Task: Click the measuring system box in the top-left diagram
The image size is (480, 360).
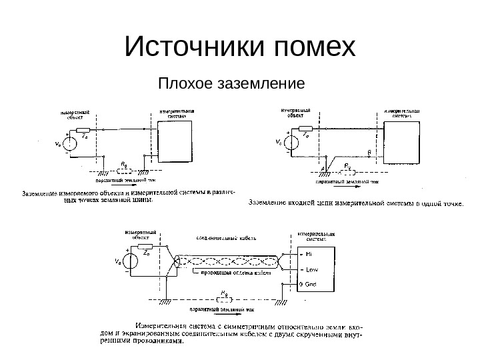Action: point(175,141)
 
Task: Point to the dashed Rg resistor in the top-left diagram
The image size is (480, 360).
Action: point(124,168)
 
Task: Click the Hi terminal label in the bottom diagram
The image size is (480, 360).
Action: point(311,255)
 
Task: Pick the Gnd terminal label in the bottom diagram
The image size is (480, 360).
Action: point(311,284)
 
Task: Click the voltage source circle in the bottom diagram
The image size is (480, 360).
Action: point(129,262)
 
